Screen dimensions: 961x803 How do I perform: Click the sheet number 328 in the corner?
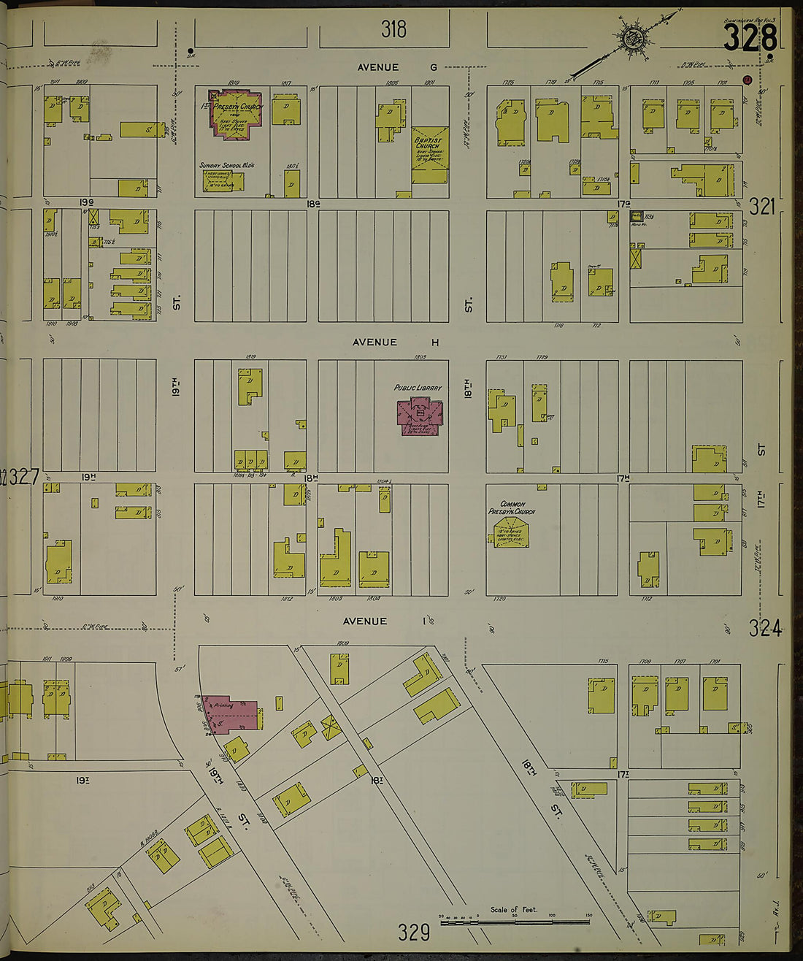point(750,37)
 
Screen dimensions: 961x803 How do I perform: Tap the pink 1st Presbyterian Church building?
point(236,113)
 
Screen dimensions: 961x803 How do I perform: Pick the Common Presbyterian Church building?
point(511,532)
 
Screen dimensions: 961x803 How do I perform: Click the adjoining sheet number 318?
point(393,29)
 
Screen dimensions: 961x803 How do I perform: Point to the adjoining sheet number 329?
point(413,933)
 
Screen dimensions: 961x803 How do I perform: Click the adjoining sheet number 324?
point(764,628)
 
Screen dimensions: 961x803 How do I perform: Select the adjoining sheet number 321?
point(761,207)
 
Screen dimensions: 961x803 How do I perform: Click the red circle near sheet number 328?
point(747,80)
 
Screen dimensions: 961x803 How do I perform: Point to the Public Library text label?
point(418,388)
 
